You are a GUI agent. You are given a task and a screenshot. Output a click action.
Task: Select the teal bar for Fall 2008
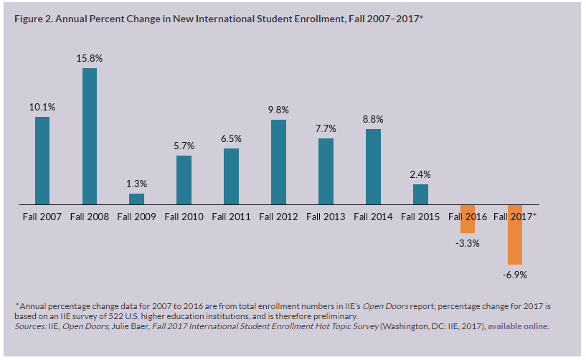(x=90, y=136)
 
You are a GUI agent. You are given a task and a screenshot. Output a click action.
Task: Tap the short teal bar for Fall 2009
(x=136, y=199)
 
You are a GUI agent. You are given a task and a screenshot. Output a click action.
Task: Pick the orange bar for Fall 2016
(x=467, y=219)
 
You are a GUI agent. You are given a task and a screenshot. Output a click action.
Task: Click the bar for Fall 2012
(x=278, y=162)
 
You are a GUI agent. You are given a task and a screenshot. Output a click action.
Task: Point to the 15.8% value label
(x=90, y=57)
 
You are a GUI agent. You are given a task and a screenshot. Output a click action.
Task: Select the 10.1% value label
(x=42, y=107)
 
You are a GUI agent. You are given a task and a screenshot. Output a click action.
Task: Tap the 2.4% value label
(x=420, y=174)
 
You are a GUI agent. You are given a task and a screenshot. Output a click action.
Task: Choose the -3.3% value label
(x=467, y=243)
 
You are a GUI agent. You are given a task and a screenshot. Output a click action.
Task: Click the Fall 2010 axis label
(x=184, y=216)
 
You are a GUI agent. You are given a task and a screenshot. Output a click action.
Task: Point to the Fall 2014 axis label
(x=373, y=216)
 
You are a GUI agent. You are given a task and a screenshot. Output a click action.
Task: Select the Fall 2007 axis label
(x=42, y=216)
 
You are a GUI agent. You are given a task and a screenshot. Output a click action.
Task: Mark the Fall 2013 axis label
(x=326, y=216)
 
